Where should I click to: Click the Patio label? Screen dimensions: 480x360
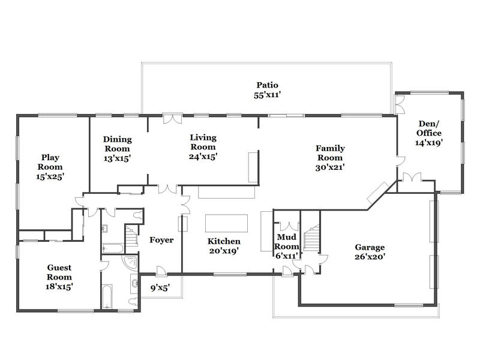pyautogui.click(x=267, y=85)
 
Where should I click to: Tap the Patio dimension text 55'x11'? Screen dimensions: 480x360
pyautogui.click(x=267, y=95)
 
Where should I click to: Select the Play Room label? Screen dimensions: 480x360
pyautogui.click(x=50, y=162)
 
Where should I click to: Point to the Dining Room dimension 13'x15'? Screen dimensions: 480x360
pyautogui.click(x=117, y=158)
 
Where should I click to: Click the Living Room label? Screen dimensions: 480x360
pyautogui.click(x=203, y=142)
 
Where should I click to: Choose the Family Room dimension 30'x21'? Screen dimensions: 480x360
pyautogui.click(x=330, y=167)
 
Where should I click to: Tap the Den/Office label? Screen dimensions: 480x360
pyautogui.click(x=429, y=128)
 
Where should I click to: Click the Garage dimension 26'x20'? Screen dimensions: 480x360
pyautogui.click(x=370, y=257)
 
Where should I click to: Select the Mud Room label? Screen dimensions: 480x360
pyautogui.click(x=287, y=242)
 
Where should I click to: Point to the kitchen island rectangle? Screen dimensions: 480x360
pyautogui.click(x=226, y=223)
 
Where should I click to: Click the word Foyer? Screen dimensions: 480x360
pyautogui.click(x=161, y=240)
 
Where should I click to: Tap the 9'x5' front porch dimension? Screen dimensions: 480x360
pyautogui.click(x=160, y=288)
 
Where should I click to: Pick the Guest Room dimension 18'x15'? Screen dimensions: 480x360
pyautogui.click(x=59, y=287)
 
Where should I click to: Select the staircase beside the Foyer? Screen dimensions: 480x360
pyautogui.click(x=132, y=236)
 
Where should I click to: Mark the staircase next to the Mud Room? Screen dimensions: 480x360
pyautogui.click(x=311, y=238)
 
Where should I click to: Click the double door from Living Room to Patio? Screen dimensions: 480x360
pyautogui.click(x=173, y=119)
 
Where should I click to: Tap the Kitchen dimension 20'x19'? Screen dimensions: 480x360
pyautogui.click(x=224, y=251)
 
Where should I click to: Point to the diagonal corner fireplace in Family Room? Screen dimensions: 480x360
pyautogui.click(x=378, y=193)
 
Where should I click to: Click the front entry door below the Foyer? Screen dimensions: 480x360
pyautogui.click(x=161, y=271)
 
